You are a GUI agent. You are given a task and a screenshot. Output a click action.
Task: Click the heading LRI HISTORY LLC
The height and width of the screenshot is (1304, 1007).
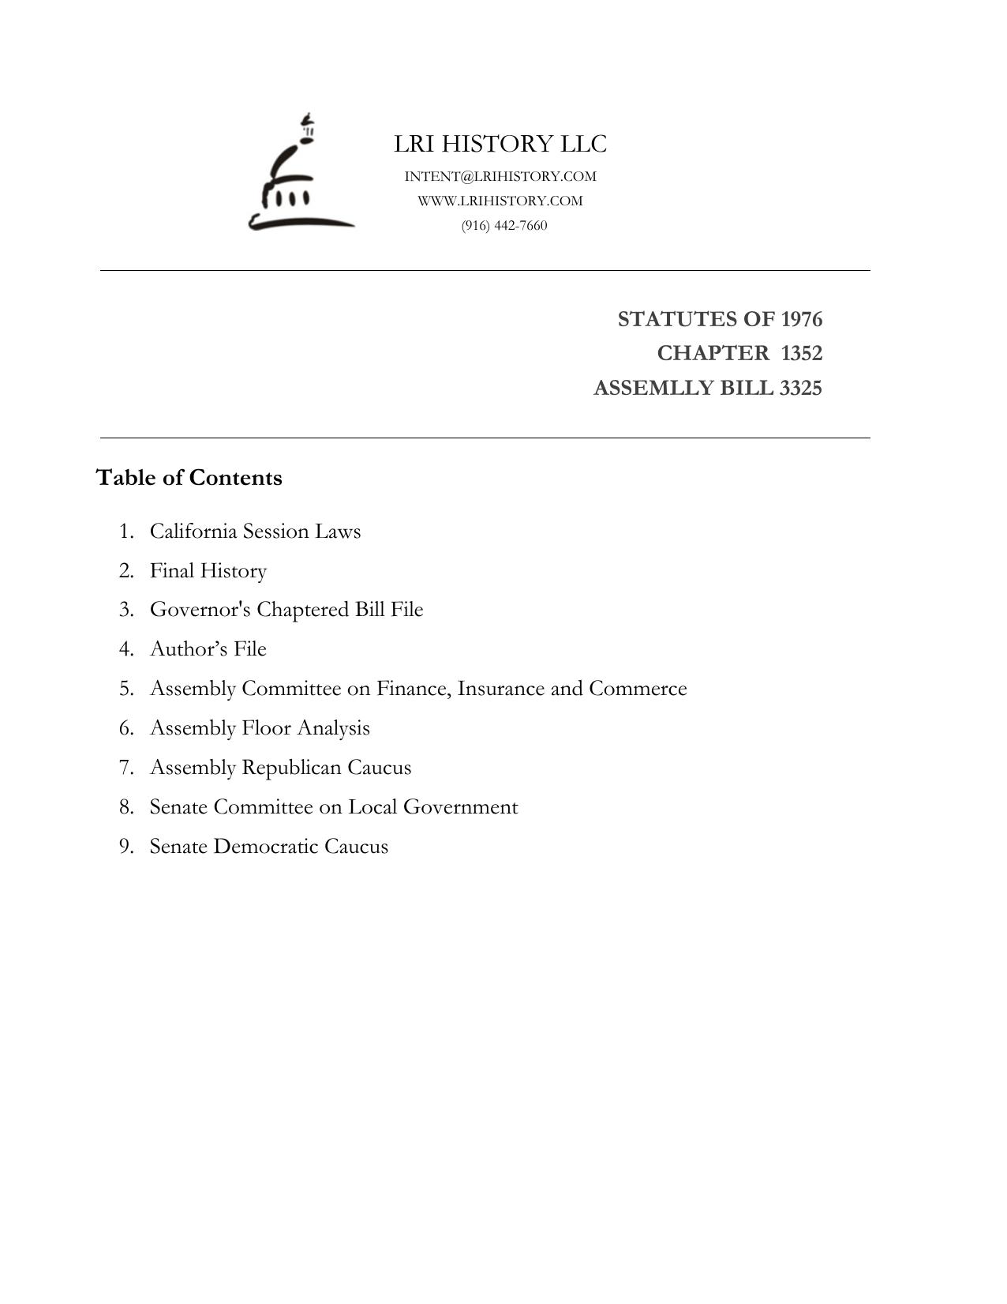pyautogui.click(x=500, y=144)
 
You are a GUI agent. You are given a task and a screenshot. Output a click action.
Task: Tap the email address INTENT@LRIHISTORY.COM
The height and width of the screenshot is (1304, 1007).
pyautogui.click(x=500, y=176)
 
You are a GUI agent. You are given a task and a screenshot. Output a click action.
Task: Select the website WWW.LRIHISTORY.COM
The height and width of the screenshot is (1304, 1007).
pyautogui.click(x=500, y=201)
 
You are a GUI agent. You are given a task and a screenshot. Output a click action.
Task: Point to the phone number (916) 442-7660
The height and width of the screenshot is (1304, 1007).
pyautogui.click(x=504, y=225)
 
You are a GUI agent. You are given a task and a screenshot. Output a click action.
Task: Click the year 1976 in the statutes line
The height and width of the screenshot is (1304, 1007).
pyautogui.click(x=801, y=319)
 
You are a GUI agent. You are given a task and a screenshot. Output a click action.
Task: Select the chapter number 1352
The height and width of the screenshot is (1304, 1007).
pyautogui.click(x=801, y=353)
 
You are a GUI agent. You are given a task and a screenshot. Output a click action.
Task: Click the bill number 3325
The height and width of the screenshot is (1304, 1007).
pyautogui.click(x=800, y=388)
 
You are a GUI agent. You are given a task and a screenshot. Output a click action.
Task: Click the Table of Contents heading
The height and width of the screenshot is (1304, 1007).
pyautogui.click(x=189, y=478)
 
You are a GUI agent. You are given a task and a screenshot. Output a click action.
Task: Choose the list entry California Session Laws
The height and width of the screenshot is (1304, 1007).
pyautogui.click(x=255, y=531)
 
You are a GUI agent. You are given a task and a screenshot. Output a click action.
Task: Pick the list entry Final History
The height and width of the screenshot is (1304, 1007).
pyautogui.click(x=208, y=570)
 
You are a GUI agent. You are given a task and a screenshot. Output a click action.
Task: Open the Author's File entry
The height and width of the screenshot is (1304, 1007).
pyautogui.click(x=208, y=648)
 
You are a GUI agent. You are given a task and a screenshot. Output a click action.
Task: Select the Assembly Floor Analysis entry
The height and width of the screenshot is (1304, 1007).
pyautogui.click(x=260, y=727)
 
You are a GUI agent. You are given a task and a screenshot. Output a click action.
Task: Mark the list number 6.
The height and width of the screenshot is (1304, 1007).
pyautogui.click(x=126, y=727)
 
